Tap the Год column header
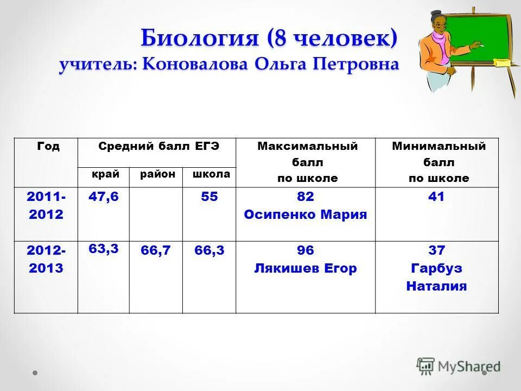[x=48, y=147]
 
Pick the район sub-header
[x=157, y=174]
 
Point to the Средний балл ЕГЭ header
[x=158, y=147]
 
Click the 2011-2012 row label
[x=46, y=206]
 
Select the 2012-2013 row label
[x=46, y=259]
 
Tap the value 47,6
[x=103, y=197]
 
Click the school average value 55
[x=209, y=197]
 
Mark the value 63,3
[x=103, y=248]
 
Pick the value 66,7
[x=156, y=250]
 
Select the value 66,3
[x=209, y=250]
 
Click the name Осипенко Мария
[x=306, y=215]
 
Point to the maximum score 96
[x=306, y=250]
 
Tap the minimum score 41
[x=436, y=197]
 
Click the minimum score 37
[x=436, y=250]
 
